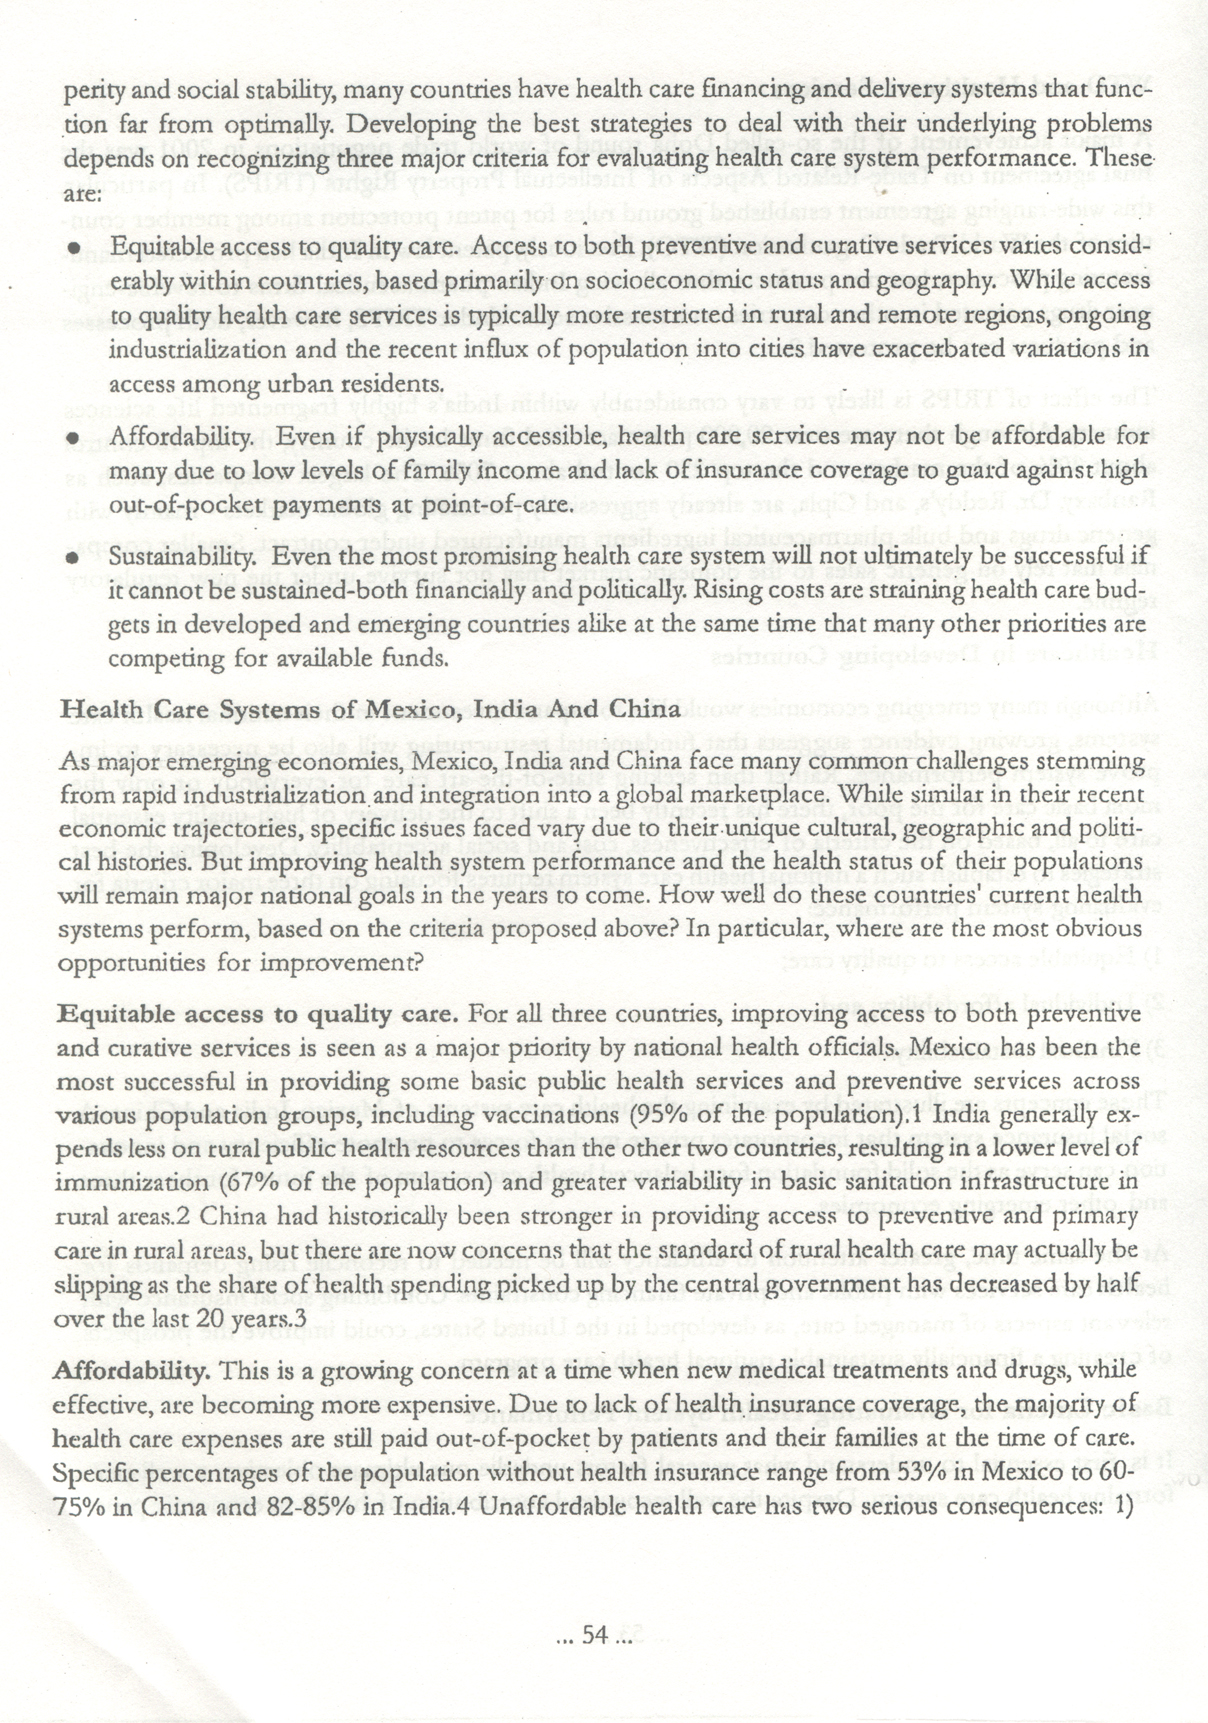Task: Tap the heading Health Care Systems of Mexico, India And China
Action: (x=370, y=710)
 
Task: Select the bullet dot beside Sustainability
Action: (x=72, y=557)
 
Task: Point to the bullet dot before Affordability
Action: (x=72, y=437)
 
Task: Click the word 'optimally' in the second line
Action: (x=276, y=125)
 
